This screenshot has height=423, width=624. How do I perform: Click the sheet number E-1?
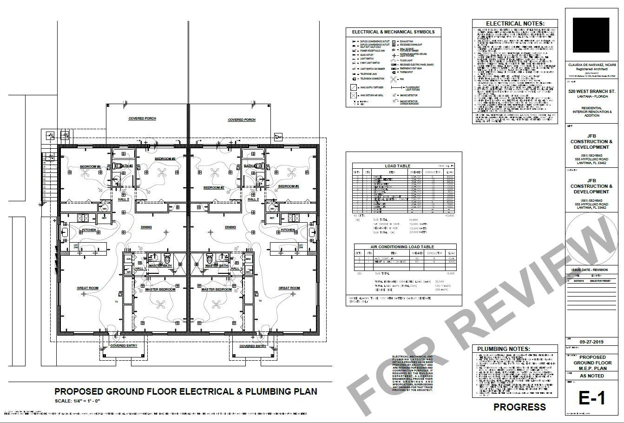(592, 397)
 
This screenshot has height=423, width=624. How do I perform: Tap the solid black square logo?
(591, 36)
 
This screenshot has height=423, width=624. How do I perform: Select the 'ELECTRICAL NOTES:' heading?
(515, 24)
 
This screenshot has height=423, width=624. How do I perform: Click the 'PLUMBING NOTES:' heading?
(504, 349)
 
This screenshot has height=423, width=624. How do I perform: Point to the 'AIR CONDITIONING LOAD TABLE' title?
(402, 247)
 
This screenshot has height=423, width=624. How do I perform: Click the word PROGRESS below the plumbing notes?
(519, 407)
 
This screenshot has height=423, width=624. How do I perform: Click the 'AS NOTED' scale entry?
(591, 376)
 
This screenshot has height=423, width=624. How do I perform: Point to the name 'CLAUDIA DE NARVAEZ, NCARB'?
(591, 64)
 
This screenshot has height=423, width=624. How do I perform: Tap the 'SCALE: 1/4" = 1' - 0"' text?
(78, 401)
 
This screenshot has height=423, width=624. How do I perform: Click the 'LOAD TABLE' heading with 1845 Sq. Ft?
(397, 166)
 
